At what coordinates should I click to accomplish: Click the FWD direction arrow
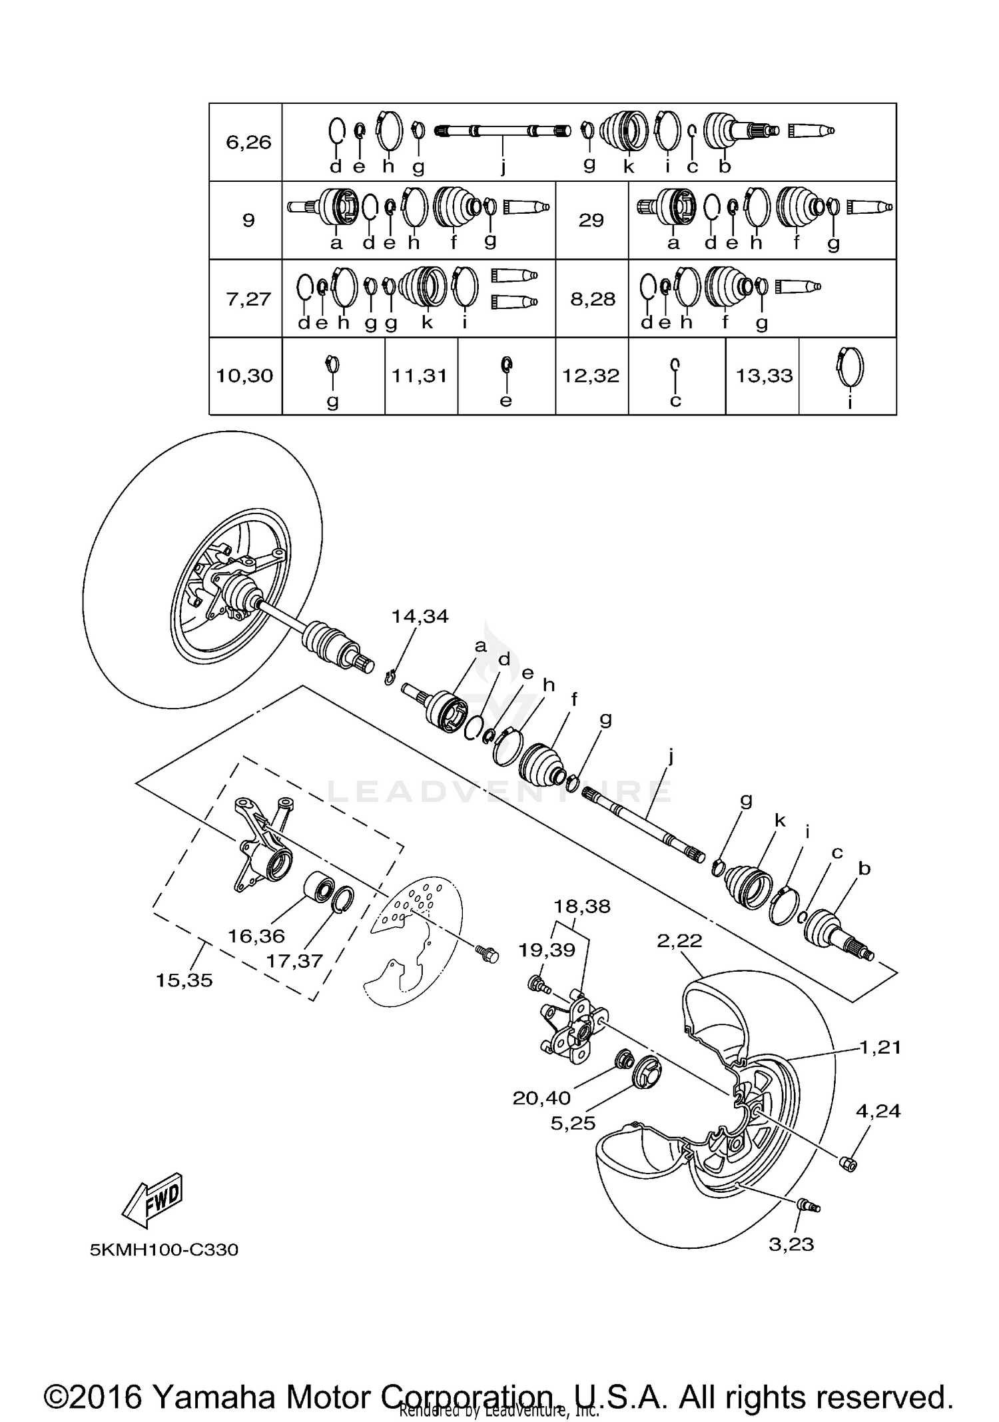(153, 1201)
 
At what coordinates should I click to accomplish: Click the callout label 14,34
(420, 616)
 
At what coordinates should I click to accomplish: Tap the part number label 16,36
(256, 936)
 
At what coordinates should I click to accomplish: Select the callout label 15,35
(184, 980)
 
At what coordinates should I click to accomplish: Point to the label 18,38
(582, 906)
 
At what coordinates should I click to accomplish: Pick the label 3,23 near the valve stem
(791, 1244)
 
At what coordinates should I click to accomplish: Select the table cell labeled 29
(591, 220)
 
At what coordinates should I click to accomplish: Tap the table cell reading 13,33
(764, 376)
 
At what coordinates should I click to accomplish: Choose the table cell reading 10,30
(244, 376)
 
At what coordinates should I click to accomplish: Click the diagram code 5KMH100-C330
(165, 1249)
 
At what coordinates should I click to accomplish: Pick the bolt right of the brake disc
(487, 953)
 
